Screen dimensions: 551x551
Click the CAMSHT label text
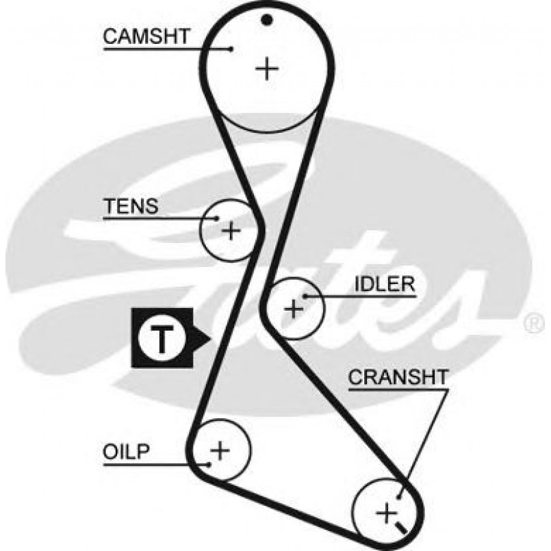[x=145, y=36]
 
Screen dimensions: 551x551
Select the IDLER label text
[x=385, y=283]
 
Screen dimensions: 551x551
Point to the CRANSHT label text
[x=398, y=377]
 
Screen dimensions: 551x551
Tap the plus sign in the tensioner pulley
[x=231, y=230]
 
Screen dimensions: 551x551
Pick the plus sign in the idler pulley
[x=294, y=309]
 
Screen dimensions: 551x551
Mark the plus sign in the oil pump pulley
[x=220, y=450]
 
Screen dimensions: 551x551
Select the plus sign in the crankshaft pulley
[x=387, y=511]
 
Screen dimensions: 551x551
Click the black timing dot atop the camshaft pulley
[x=267, y=19]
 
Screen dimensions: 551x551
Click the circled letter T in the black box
[x=162, y=339]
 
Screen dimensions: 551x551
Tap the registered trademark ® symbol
[x=534, y=323]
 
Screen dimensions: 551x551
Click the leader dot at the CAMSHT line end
[x=231, y=48]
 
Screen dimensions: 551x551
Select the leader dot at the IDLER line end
[x=305, y=296]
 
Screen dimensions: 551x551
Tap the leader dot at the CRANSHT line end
[x=401, y=494]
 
